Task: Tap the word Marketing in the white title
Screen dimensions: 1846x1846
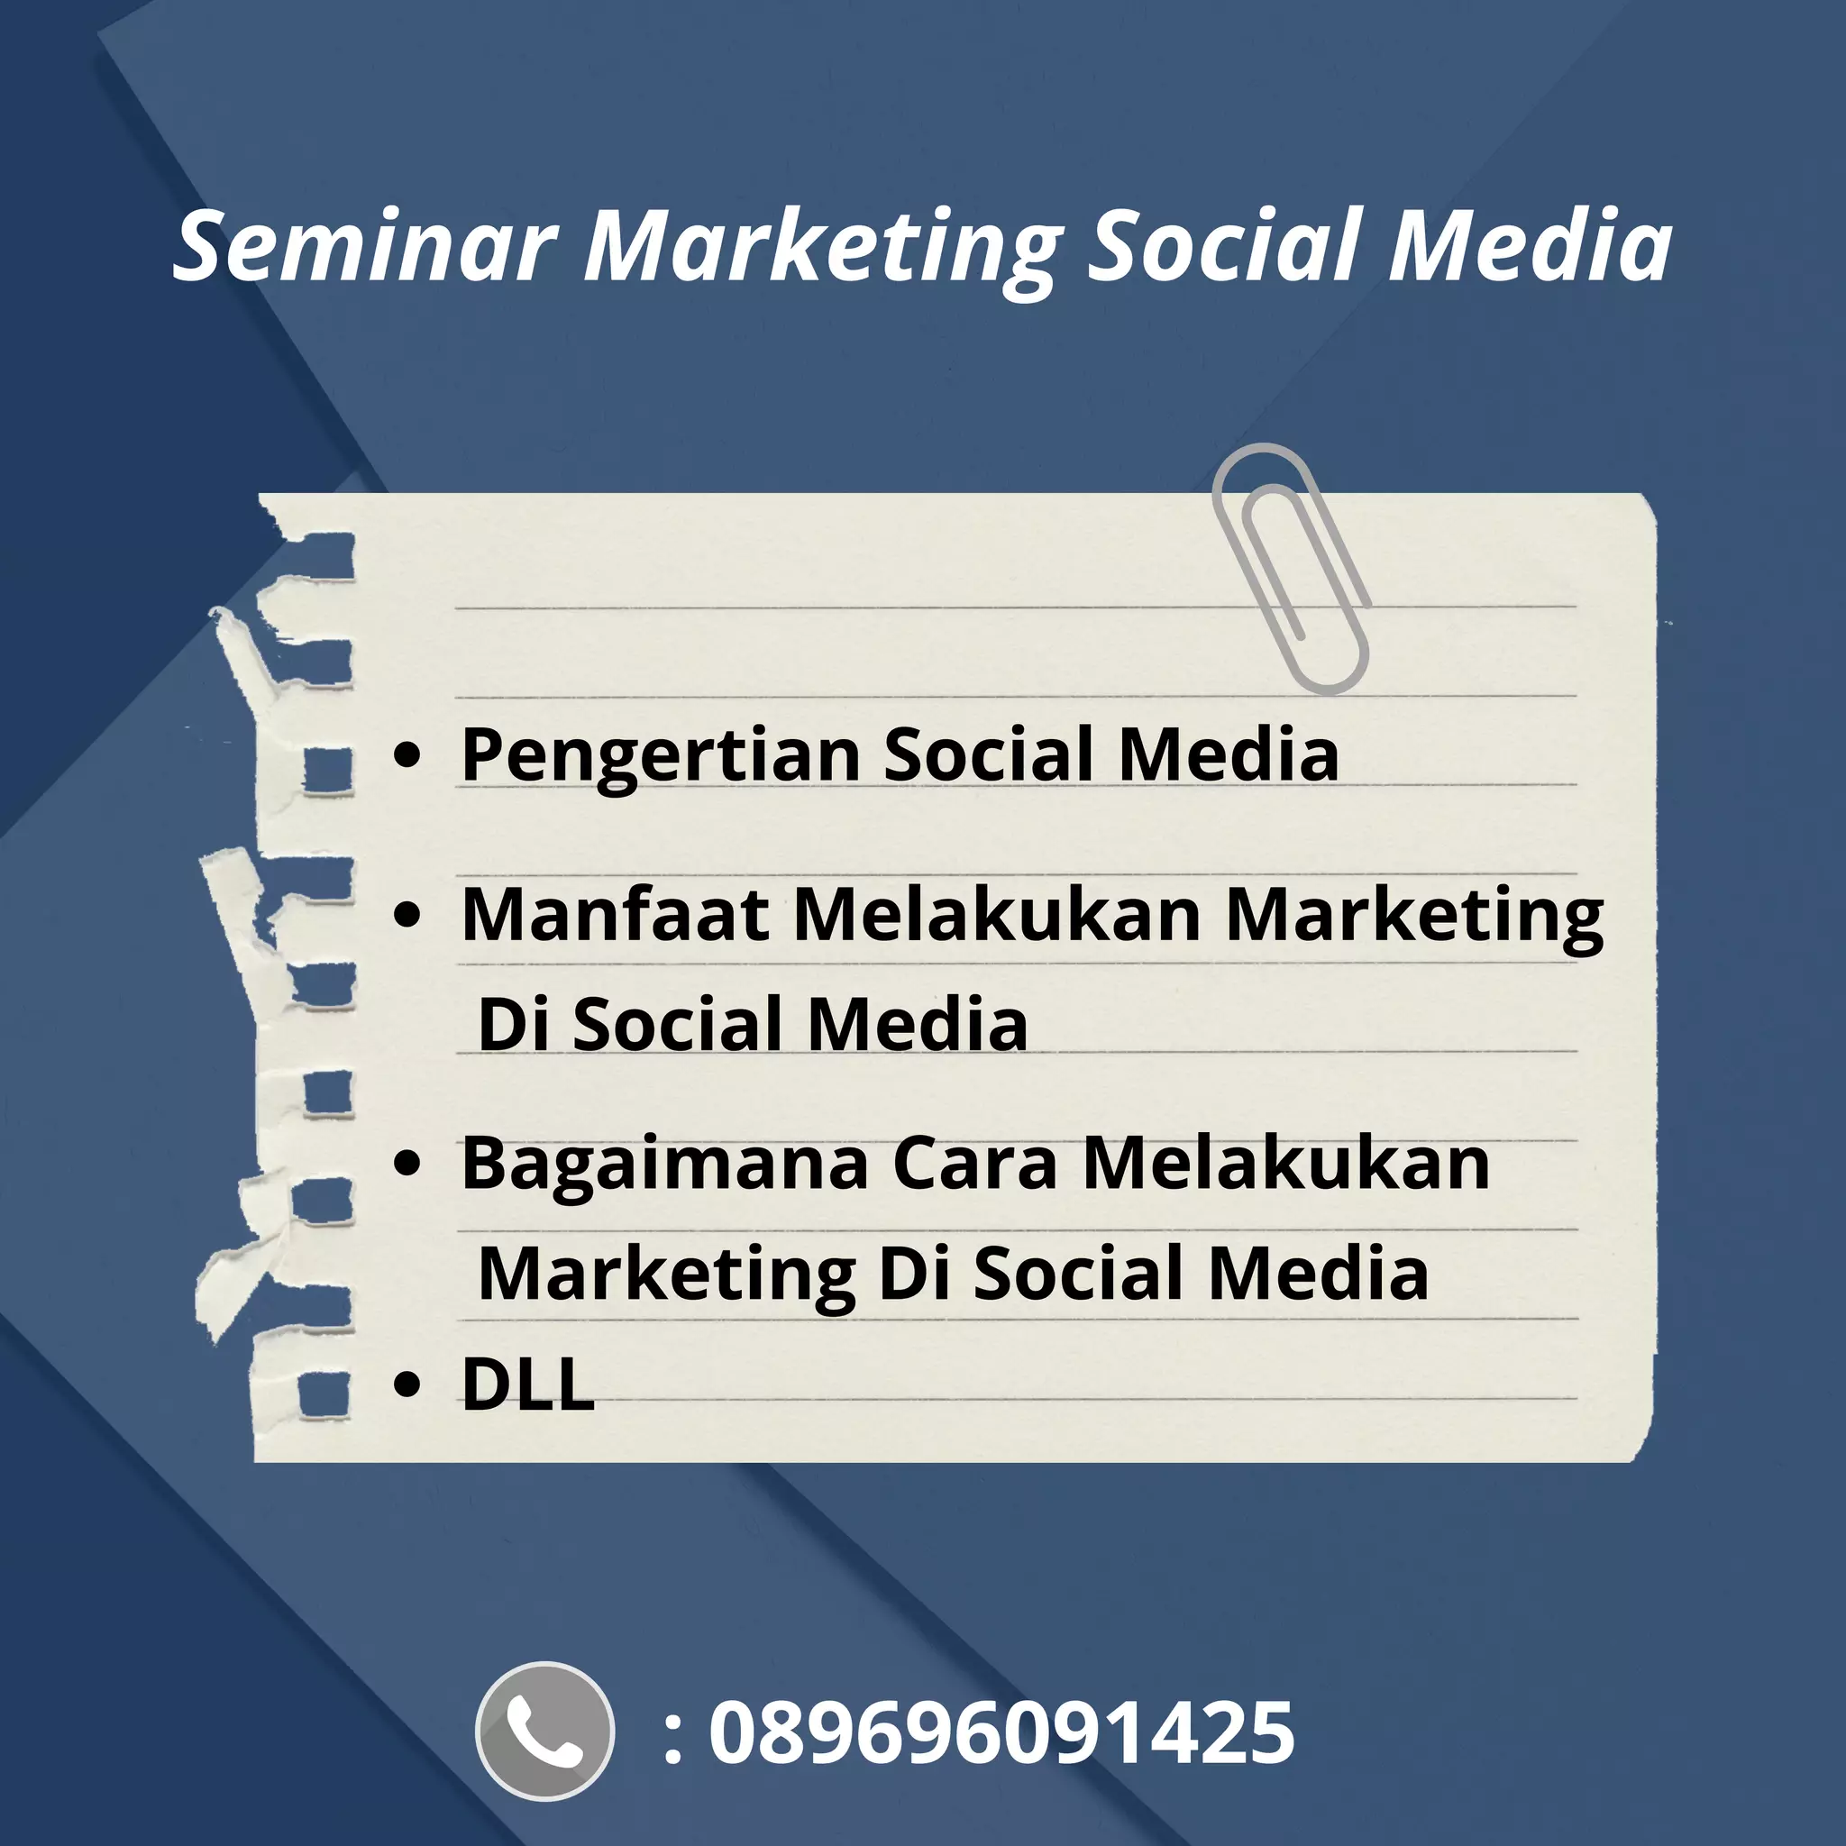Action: coord(822,246)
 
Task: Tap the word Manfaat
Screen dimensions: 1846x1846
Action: coord(616,914)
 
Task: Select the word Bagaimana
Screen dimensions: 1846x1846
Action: coord(665,1165)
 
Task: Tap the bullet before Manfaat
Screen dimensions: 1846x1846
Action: coord(407,913)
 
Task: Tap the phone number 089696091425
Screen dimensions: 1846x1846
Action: coord(1001,1732)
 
